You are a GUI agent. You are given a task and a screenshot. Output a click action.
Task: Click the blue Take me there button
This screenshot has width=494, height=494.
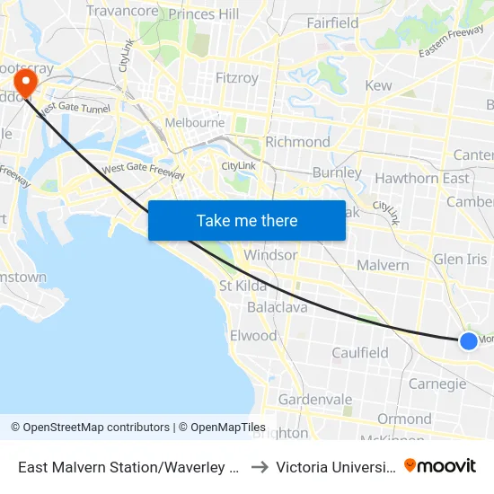click(x=246, y=220)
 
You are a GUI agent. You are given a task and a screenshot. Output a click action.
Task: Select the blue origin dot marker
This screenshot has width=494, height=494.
click(x=468, y=340)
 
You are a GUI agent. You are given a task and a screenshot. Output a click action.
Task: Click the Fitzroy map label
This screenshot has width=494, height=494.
click(x=237, y=78)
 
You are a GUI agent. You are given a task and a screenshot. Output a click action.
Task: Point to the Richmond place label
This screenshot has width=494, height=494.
click(x=298, y=142)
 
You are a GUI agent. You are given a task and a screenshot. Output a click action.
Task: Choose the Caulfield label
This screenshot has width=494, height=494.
click(x=360, y=353)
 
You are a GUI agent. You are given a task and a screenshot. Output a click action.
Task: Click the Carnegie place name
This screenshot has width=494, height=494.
click(x=437, y=384)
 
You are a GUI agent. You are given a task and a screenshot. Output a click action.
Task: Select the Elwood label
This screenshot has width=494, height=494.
click(x=253, y=336)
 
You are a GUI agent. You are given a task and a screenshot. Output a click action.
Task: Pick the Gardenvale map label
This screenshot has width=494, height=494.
click(x=315, y=399)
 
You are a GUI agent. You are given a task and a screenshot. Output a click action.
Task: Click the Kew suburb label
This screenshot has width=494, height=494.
click(x=379, y=85)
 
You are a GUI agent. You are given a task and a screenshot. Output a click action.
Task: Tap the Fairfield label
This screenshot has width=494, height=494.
click(x=332, y=23)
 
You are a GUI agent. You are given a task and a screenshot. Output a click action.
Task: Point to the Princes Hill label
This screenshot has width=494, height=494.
click(x=204, y=14)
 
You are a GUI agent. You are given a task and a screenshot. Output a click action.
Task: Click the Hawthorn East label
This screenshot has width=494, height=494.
click(x=422, y=178)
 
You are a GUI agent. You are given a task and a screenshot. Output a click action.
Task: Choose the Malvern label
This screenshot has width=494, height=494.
click(x=383, y=265)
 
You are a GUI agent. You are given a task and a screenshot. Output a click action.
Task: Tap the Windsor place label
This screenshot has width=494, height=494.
click(x=270, y=255)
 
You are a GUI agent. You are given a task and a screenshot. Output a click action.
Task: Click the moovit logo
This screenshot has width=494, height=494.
click(x=440, y=466)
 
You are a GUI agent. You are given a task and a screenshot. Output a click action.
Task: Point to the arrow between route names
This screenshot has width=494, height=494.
click(x=258, y=467)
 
